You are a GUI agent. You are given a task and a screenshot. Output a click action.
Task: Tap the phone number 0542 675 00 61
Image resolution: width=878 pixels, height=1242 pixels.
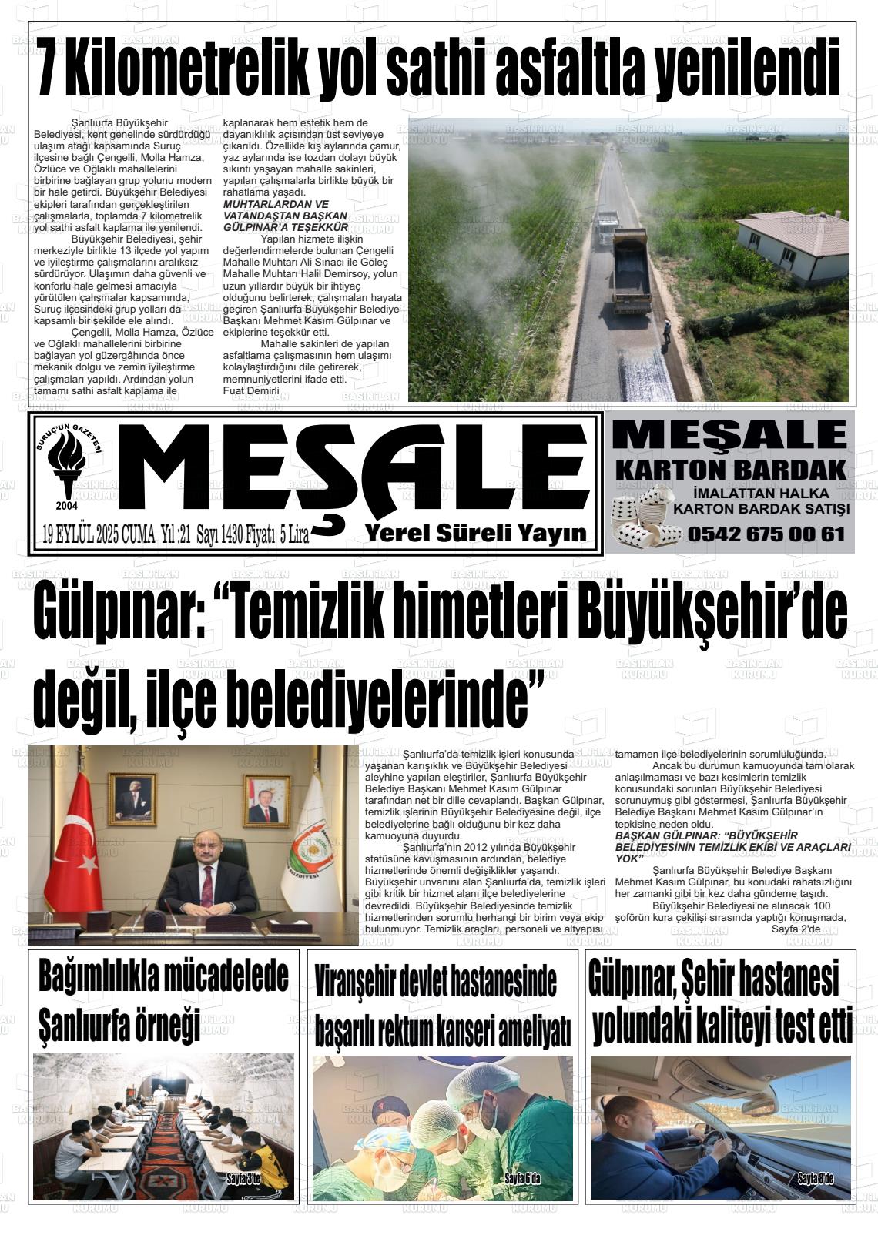click(766, 534)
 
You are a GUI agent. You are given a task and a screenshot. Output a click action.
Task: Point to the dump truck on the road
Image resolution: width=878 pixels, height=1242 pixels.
click(632, 269)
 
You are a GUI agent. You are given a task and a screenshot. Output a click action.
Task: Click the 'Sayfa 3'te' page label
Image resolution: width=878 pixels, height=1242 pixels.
click(244, 1179)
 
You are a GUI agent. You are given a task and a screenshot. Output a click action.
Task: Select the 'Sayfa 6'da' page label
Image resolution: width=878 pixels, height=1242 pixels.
click(522, 1179)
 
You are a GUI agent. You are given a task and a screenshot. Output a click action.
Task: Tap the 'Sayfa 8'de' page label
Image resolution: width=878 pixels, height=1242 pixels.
click(815, 1179)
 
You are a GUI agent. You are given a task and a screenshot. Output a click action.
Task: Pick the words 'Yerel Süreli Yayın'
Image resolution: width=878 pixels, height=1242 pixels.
click(475, 533)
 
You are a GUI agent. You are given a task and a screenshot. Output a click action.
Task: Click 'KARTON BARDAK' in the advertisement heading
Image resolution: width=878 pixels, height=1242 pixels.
click(731, 470)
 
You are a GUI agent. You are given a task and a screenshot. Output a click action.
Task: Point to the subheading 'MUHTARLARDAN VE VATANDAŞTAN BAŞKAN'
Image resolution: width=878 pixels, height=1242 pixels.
click(283, 210)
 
